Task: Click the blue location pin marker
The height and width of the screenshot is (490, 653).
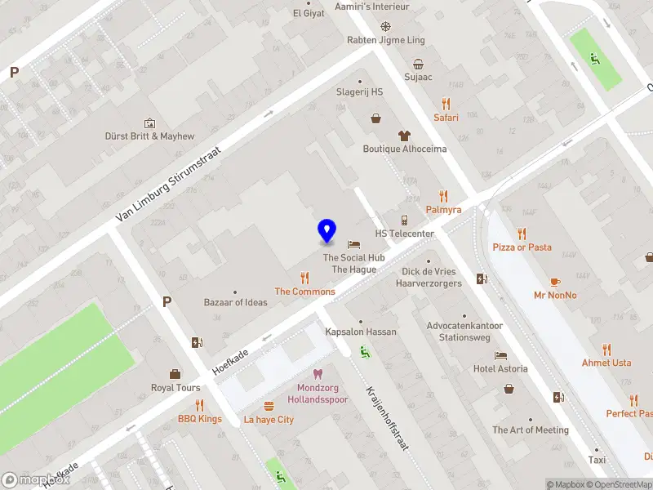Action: (326, 230)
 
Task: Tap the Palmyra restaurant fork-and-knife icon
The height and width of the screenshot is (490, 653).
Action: (443, 196)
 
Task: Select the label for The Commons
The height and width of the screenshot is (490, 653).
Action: (304, 292)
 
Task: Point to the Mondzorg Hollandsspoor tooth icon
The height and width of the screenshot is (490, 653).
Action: (318, 373)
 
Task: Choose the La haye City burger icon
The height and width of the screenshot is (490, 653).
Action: (269, 406)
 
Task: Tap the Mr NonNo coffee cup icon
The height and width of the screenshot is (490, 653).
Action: (555, 282)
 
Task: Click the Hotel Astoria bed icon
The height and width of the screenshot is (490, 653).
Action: (500, 355)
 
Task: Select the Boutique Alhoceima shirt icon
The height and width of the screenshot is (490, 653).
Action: (404, 136)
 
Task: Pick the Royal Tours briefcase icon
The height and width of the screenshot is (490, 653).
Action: (175, 374)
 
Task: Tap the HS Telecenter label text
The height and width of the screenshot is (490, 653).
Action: (404, 234)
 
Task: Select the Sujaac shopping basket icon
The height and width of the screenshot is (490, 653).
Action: (418, 64)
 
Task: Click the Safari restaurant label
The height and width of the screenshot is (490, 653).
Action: (446, 118)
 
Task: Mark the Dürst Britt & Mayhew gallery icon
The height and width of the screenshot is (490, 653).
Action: (149, 122)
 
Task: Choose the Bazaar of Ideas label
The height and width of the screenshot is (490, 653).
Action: (235, 302)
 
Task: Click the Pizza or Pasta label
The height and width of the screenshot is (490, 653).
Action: (522, 247)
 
